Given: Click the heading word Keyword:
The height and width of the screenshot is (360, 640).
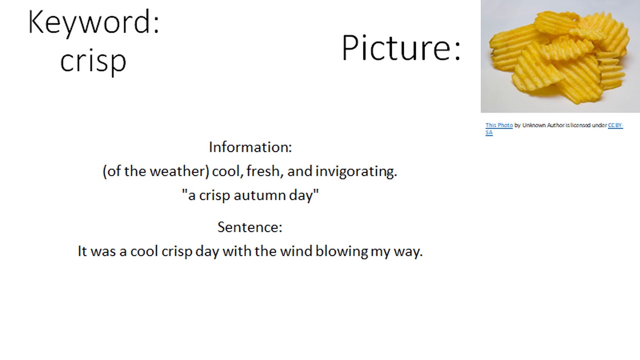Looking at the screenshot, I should [x=94, y=23].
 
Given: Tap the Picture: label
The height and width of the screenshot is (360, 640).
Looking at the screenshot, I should [x=401, y=48].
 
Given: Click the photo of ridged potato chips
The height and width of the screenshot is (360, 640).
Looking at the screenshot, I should [x=560, y=56].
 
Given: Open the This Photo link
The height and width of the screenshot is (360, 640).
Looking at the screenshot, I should [x=499, y=125].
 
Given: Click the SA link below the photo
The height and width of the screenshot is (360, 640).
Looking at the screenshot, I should [x=489, y=132].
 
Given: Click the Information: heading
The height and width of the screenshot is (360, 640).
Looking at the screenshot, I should [x=250, y=147].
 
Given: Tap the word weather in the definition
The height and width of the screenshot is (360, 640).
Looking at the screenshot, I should [x=178, y=171].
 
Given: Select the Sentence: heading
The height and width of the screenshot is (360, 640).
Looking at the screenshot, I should [x=250, y=227].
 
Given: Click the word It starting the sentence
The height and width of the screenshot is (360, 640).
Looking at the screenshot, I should [x=82, y=251].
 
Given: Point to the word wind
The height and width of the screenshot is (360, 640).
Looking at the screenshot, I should [x=296, y=251].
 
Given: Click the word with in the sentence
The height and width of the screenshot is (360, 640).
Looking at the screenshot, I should [x=237, y=251].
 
